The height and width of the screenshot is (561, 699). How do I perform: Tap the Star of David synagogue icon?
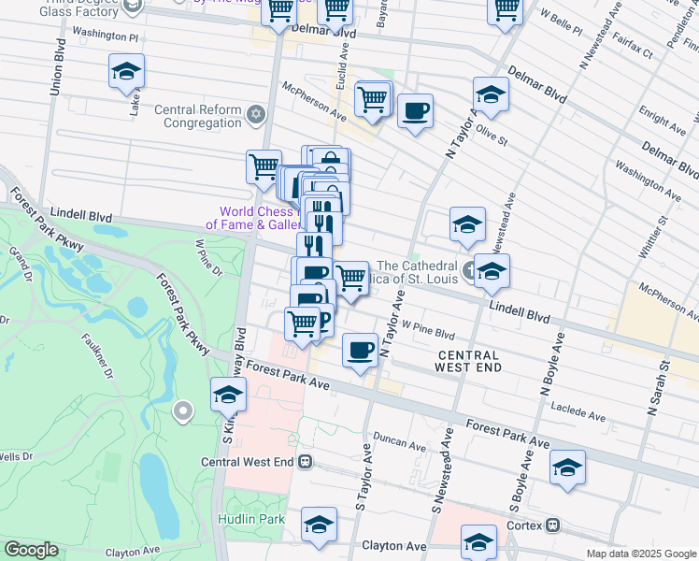(x=258, y=116)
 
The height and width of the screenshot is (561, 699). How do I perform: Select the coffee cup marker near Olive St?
(x=415, y=111)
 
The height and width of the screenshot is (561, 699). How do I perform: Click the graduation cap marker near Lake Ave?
(x=126, y=73)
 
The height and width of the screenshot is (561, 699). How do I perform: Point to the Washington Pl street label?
(x=106, y=36)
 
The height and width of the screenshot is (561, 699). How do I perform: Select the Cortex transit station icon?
(x=554, y=525)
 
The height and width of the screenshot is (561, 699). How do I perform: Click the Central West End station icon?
(x=306, y=462)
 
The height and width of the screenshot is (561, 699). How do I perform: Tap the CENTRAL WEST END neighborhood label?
(x=467, y=361)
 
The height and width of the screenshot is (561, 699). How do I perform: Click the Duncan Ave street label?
(x=399, y=437)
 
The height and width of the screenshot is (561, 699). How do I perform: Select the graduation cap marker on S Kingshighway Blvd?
(x=227, y=396)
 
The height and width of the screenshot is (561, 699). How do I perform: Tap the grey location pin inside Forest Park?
(x=182, y=410)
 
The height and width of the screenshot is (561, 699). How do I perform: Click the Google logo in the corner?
(x=31, y=550)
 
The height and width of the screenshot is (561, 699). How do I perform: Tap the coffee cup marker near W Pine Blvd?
(x=360, y=351)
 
